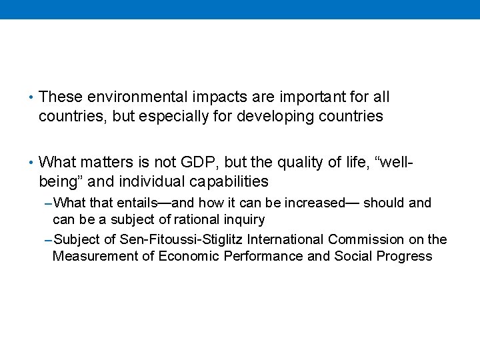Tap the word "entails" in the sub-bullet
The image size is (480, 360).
[x=131, y=203]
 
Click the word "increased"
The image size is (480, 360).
[x=310, y=203]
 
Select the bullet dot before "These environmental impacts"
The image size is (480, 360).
[x=31, y=97]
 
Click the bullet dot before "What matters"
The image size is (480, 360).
[x=31, y=162]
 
